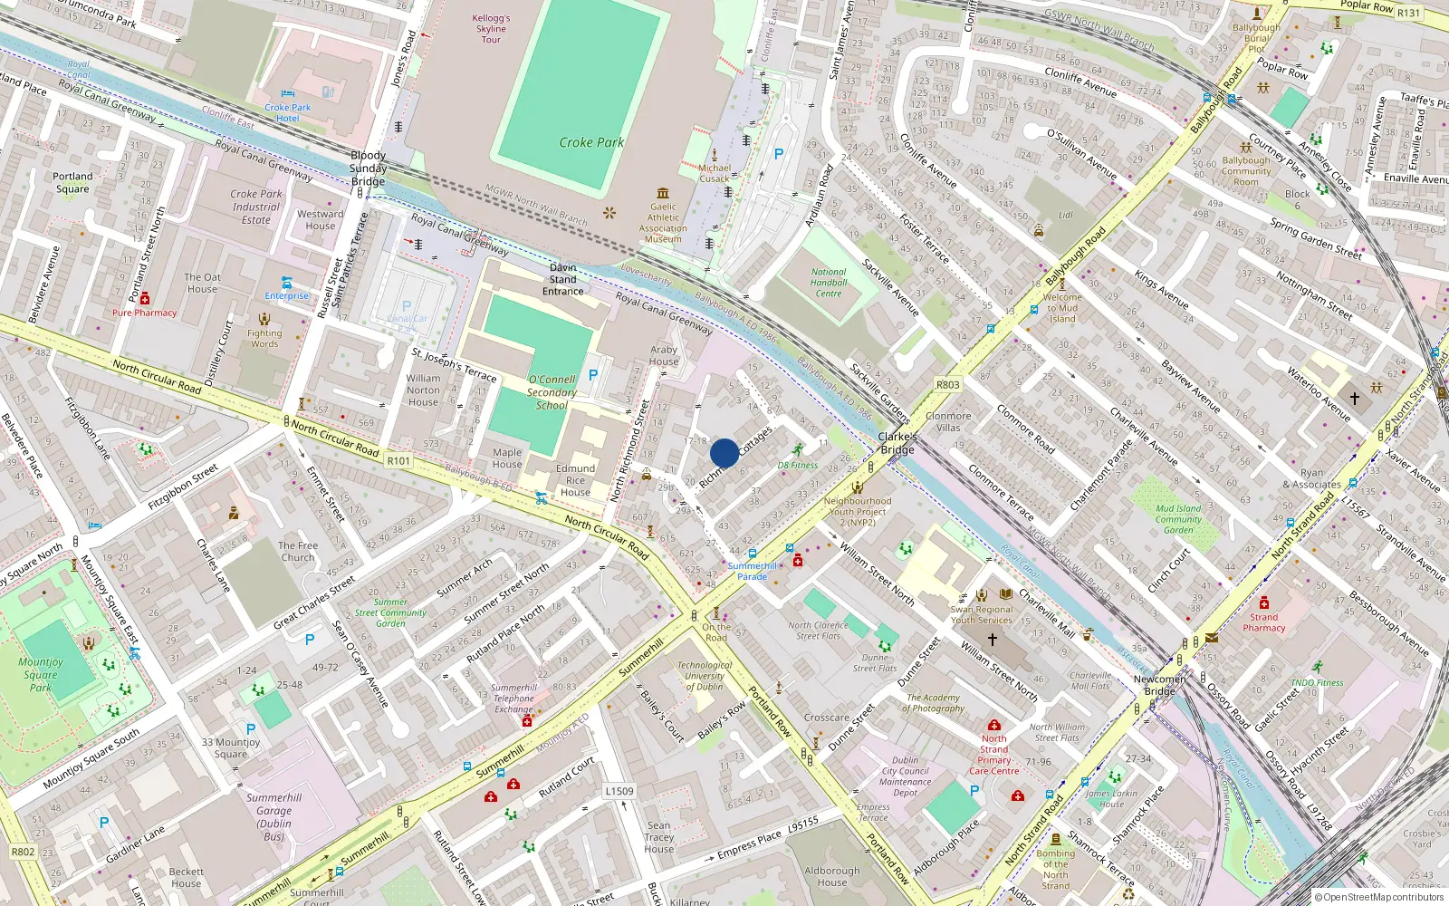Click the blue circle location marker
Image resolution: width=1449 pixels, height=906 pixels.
click(x=724, y=453)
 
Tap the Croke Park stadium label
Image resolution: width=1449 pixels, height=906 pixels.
click(x=591, y=142)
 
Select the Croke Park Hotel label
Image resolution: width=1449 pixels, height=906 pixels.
click(x=288, y=112)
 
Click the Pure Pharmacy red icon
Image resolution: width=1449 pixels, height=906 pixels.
click(x=145, y=298)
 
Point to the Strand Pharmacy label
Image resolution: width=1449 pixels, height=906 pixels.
click(x=1264, y=622)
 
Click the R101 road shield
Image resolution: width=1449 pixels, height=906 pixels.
click(x=398, y=461)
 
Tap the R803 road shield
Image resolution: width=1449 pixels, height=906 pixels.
click(x=947, y=385)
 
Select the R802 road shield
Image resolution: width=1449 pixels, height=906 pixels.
click(x=23, y=852)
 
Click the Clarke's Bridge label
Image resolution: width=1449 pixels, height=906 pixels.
click(x=897, y=443)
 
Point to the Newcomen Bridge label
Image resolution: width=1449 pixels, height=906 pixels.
click(x=1159, y=685)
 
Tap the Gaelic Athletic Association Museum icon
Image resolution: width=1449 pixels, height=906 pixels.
click(x=663, y=193)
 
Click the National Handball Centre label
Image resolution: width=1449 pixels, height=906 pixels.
click(x=829, y=283)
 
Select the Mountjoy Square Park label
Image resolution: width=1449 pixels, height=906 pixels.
click(x=41, y=675)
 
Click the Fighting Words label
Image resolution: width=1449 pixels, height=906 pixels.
click(x=264, y=338)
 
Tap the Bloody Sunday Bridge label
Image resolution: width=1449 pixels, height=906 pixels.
click(x=368, y=169)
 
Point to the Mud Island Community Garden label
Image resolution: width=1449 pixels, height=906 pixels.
click(x=1178, y=519)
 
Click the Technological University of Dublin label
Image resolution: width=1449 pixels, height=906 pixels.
click(x=705, y=676)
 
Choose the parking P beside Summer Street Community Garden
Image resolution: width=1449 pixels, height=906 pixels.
click(x=310, y=640)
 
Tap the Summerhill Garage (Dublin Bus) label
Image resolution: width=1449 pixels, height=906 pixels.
click(x=273, y=817)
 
